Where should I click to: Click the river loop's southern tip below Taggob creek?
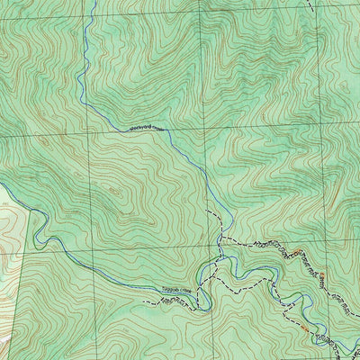point(205,308)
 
